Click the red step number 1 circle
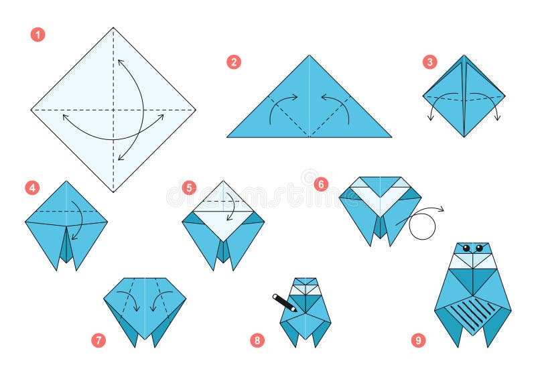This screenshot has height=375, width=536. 38,34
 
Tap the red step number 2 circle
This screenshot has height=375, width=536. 233,62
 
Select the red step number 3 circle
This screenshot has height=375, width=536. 429,62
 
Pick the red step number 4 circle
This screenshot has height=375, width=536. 32,187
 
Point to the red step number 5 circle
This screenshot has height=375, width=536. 190,187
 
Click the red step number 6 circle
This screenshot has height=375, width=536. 321,183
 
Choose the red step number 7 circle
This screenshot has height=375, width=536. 98,340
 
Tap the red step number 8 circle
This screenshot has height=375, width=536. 257,340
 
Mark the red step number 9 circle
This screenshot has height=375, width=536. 418,340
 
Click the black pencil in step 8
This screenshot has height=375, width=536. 284,303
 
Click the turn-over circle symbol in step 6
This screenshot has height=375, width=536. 422,226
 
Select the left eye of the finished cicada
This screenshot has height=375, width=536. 467,248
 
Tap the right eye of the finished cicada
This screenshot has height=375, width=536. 479,248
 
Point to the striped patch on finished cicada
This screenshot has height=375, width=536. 473,313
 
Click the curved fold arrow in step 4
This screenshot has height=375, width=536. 77,220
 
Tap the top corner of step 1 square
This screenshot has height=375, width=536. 113,28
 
